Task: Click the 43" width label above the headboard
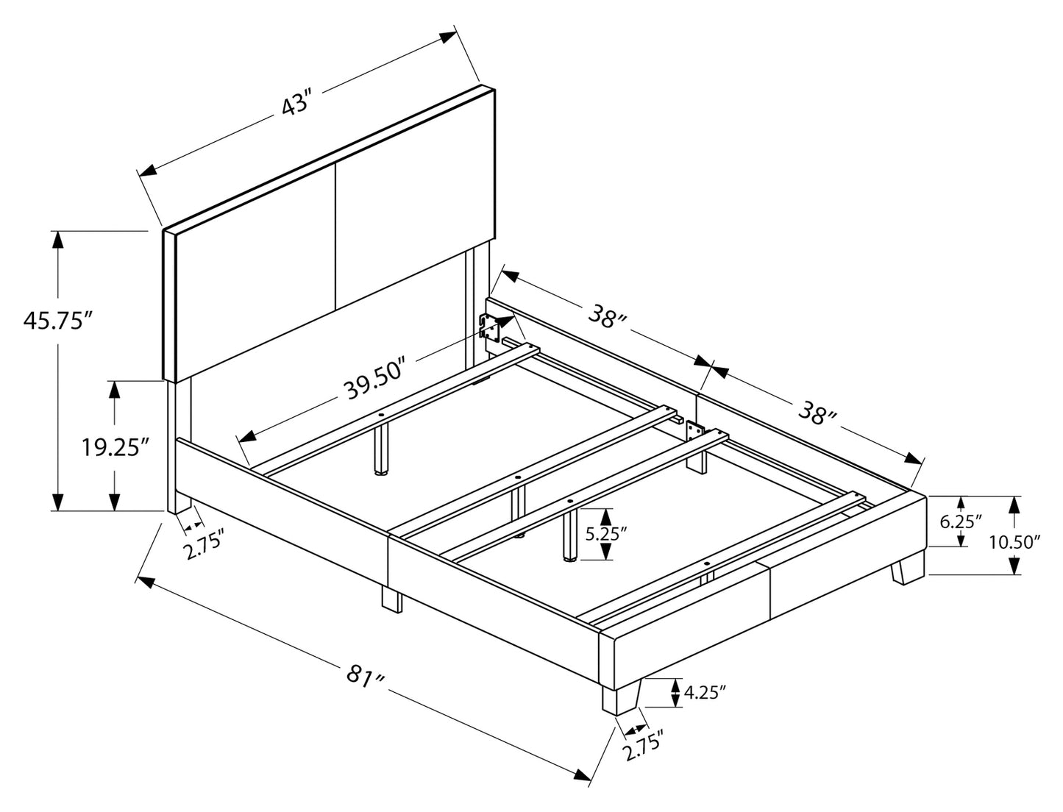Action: tap(297, 104)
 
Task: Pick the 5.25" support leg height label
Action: tap(606, 534)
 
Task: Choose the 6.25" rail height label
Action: tap(961, 521)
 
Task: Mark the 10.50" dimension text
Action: tap(1014, 542)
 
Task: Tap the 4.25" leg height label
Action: tap(705, 691)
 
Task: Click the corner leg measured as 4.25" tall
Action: tap(619, 698)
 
